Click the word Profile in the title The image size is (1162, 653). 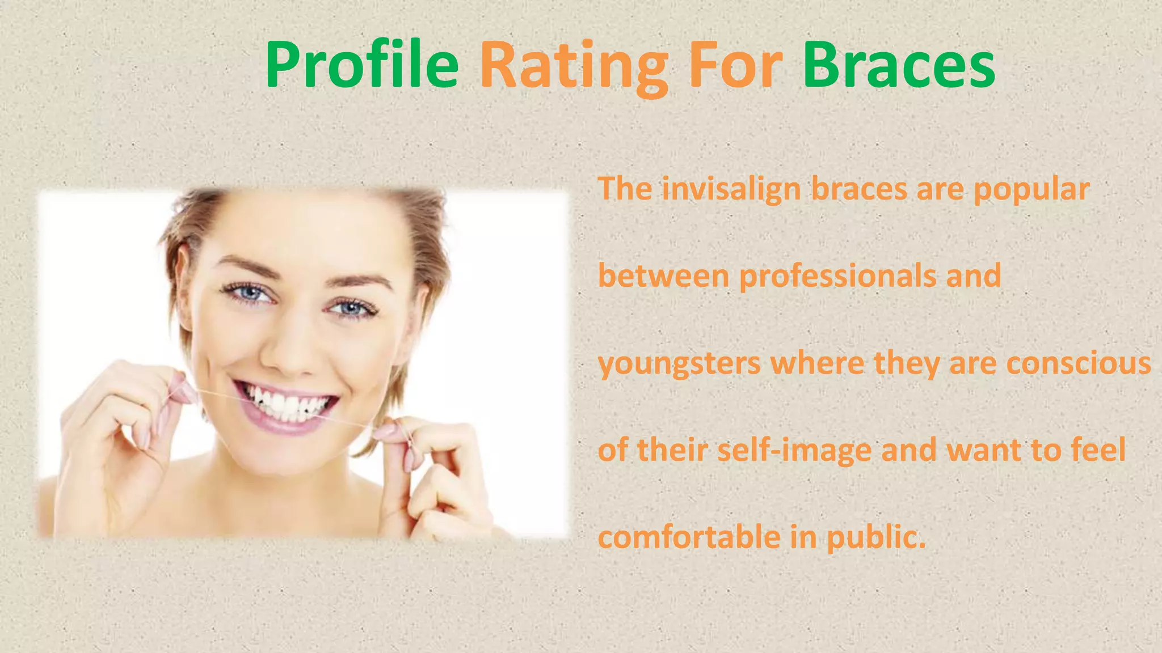click(361, 66)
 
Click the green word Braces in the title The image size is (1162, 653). click(899, 66)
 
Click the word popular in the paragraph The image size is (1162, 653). click(1031, 190)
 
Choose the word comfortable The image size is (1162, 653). click(689, 537)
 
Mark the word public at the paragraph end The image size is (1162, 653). click(875, 537)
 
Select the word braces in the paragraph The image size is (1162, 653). click(859, 189)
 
